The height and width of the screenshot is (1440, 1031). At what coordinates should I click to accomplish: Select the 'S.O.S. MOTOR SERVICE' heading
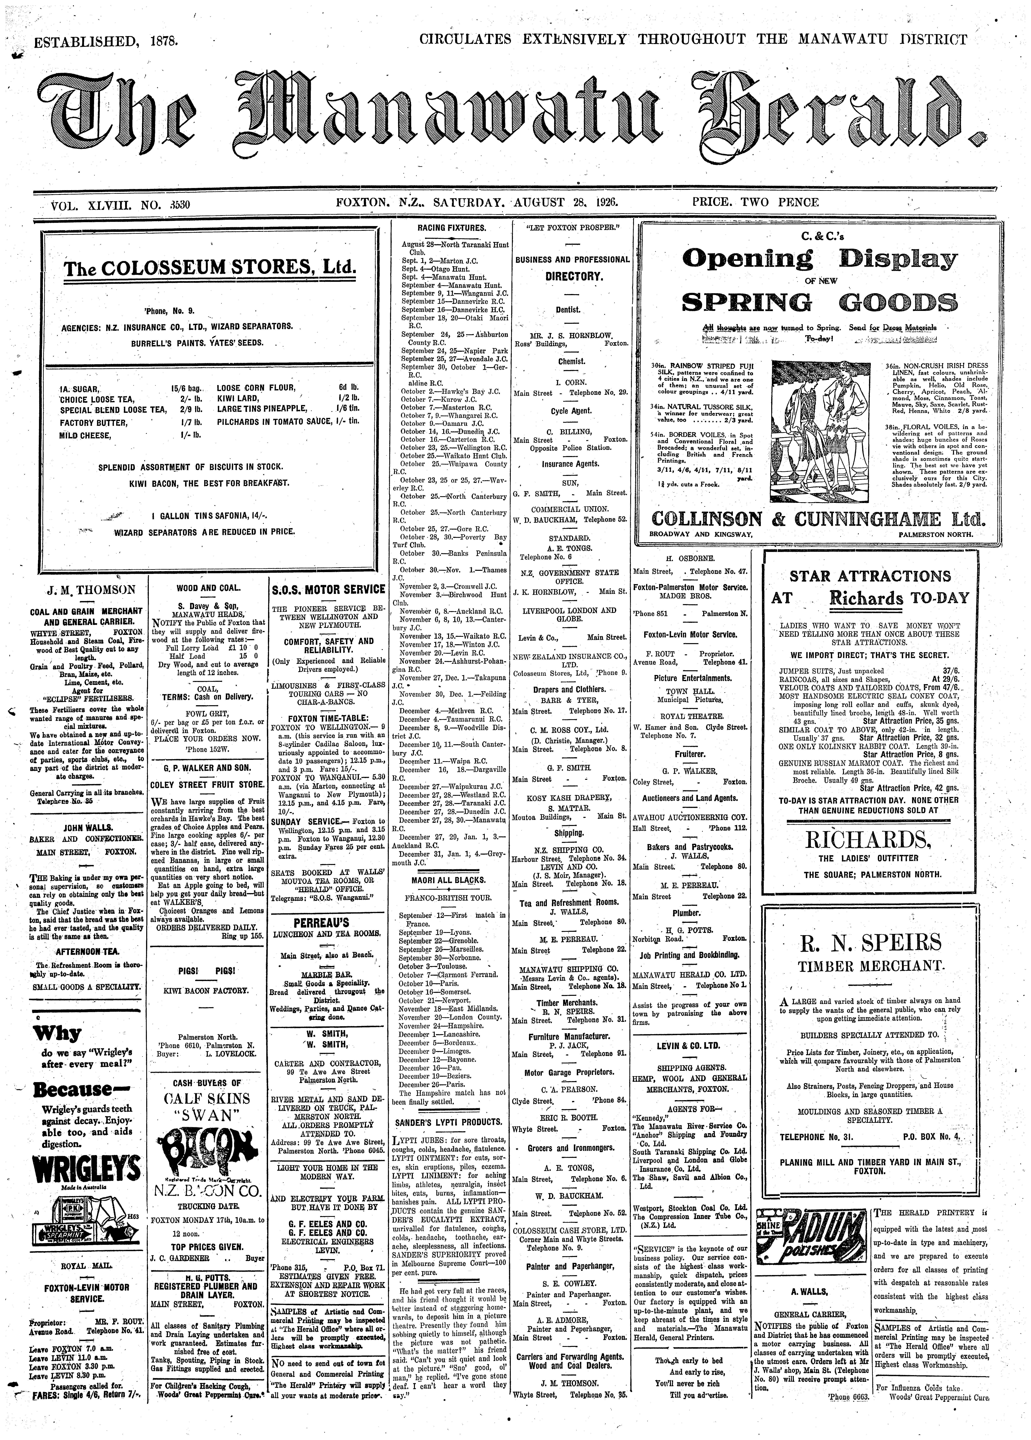point(328,589)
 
